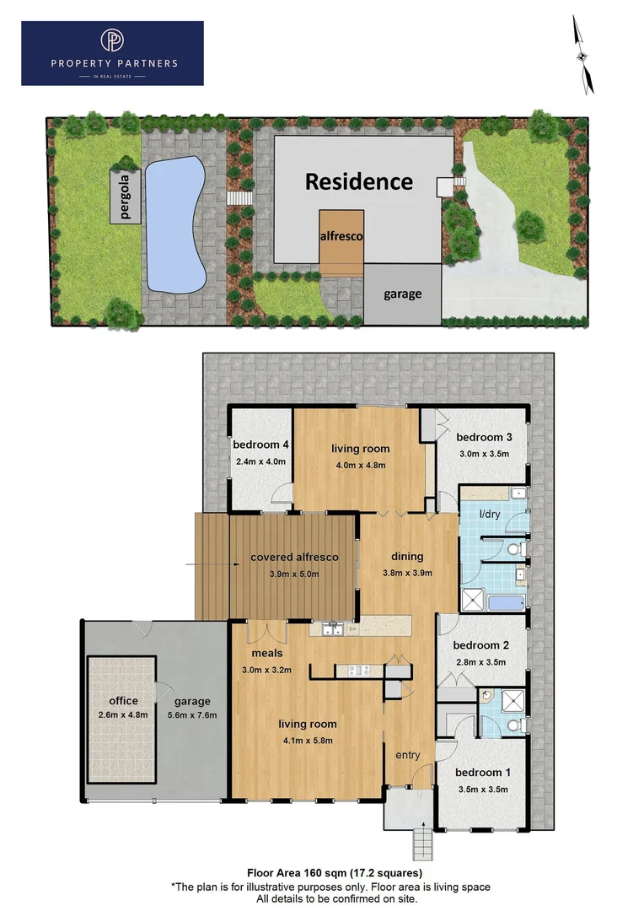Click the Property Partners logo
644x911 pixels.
point(112,53)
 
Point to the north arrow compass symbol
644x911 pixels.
point(582,55)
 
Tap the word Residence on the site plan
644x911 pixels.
point(358,181)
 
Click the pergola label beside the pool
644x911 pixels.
point(126,195)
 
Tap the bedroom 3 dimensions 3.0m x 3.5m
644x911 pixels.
point(484,454)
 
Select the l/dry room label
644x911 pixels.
point(489,514)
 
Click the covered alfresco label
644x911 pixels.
point(294,557)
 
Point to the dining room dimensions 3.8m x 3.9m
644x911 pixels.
point(407,573)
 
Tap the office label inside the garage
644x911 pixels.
point(123,700)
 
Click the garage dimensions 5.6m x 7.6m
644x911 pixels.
point(191,715)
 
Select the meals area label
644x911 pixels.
point(266,653)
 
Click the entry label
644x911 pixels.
point(407,755)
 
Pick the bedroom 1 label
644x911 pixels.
point(483,772)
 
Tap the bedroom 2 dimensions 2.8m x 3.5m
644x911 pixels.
point(480,662)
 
